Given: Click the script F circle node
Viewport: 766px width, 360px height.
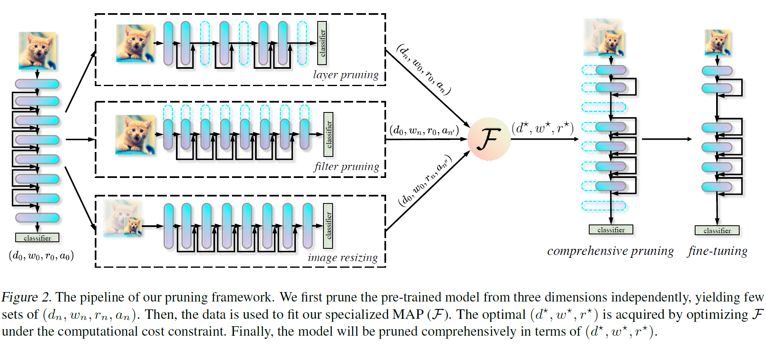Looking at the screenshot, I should point(489,139).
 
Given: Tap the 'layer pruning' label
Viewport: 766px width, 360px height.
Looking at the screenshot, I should point(345,75).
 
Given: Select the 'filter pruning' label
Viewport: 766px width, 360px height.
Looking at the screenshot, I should point(346,166).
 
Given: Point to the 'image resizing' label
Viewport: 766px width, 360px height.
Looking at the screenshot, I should point(342,258).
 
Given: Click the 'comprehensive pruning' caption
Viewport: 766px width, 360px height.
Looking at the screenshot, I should point(610,251).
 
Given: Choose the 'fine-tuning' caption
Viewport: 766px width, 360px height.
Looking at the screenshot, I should point(717,251).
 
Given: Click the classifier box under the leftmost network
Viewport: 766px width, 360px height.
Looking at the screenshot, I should point(37,238).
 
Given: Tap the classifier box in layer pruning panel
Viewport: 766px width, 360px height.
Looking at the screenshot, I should point(322,43).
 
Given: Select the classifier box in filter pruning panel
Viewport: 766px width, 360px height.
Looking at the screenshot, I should point(328,135).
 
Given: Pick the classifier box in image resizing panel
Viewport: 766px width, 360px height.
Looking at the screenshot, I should point(328,226).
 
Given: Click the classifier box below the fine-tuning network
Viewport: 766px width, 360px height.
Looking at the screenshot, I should point(717,231).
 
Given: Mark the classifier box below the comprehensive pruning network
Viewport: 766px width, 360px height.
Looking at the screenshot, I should point(611,230).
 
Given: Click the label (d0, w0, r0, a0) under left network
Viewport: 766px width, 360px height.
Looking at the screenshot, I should point(41,256).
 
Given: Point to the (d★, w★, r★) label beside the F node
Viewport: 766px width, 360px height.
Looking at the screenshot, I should point(543,128).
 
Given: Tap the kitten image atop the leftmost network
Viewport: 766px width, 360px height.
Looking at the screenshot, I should point(37,51).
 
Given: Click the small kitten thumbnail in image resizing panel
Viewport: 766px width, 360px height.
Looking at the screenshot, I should point(134,227).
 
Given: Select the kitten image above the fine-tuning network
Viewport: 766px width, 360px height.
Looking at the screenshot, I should point(717,42).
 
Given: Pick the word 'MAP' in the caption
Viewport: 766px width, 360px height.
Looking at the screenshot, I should point(408,314).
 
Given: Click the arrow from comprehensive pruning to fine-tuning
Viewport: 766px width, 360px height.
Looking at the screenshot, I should point(667,139).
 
